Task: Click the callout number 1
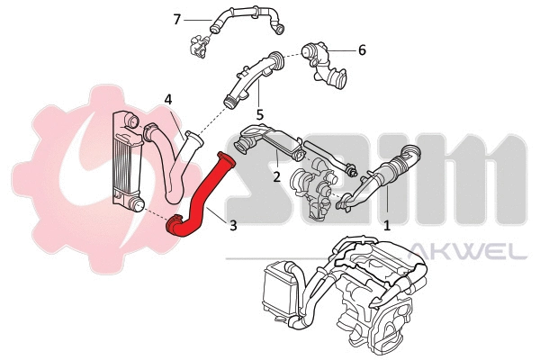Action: tap(388, 228)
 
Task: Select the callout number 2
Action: tap(277, 176)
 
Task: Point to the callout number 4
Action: tap(168, 99)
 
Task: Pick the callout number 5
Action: tap(259, 115)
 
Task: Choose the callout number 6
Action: tap(362, 50)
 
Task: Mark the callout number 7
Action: tap(176, 18)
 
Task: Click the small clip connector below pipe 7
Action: tap(197, 45)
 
